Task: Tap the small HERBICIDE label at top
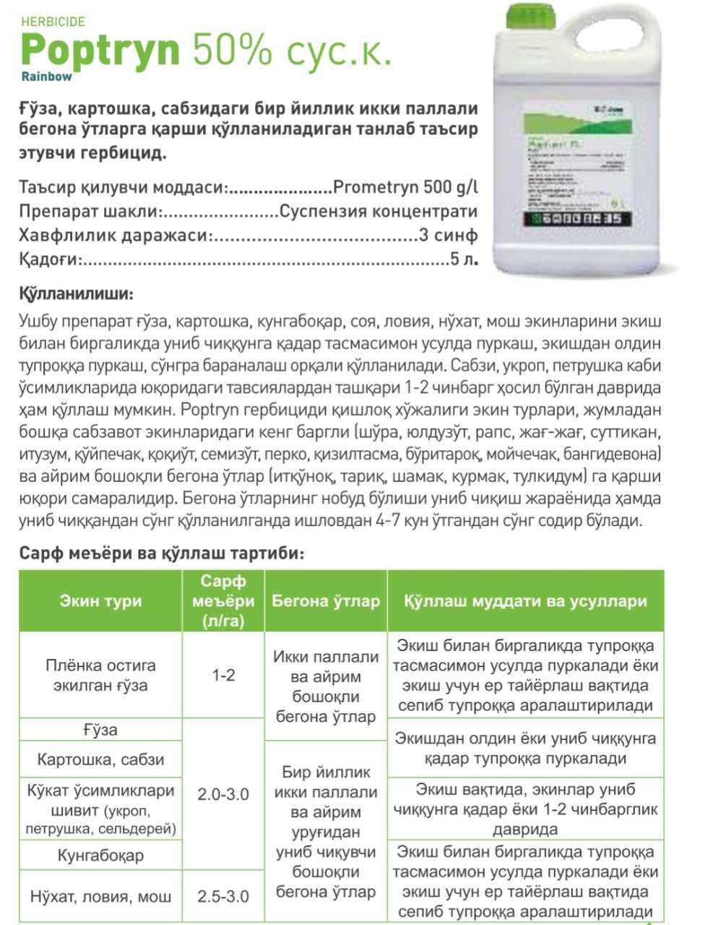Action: point(53,22)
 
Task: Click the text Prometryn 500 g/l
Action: point(405,187)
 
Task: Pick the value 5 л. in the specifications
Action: point(463,259)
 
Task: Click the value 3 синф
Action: point(447,236)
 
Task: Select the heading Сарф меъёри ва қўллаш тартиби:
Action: point(162,554)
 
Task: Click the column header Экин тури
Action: point(100,601)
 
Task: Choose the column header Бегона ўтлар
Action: point(325,601)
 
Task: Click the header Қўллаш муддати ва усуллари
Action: point(525,601)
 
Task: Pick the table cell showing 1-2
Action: point(223,675)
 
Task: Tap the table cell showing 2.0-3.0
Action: point(223,794)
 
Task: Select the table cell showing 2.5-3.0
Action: point(223,896)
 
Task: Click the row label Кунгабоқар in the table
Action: point(100,856)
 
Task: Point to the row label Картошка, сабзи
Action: point(100,760)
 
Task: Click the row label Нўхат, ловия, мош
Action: point(100,897)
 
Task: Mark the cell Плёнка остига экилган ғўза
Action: point(100,675)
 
